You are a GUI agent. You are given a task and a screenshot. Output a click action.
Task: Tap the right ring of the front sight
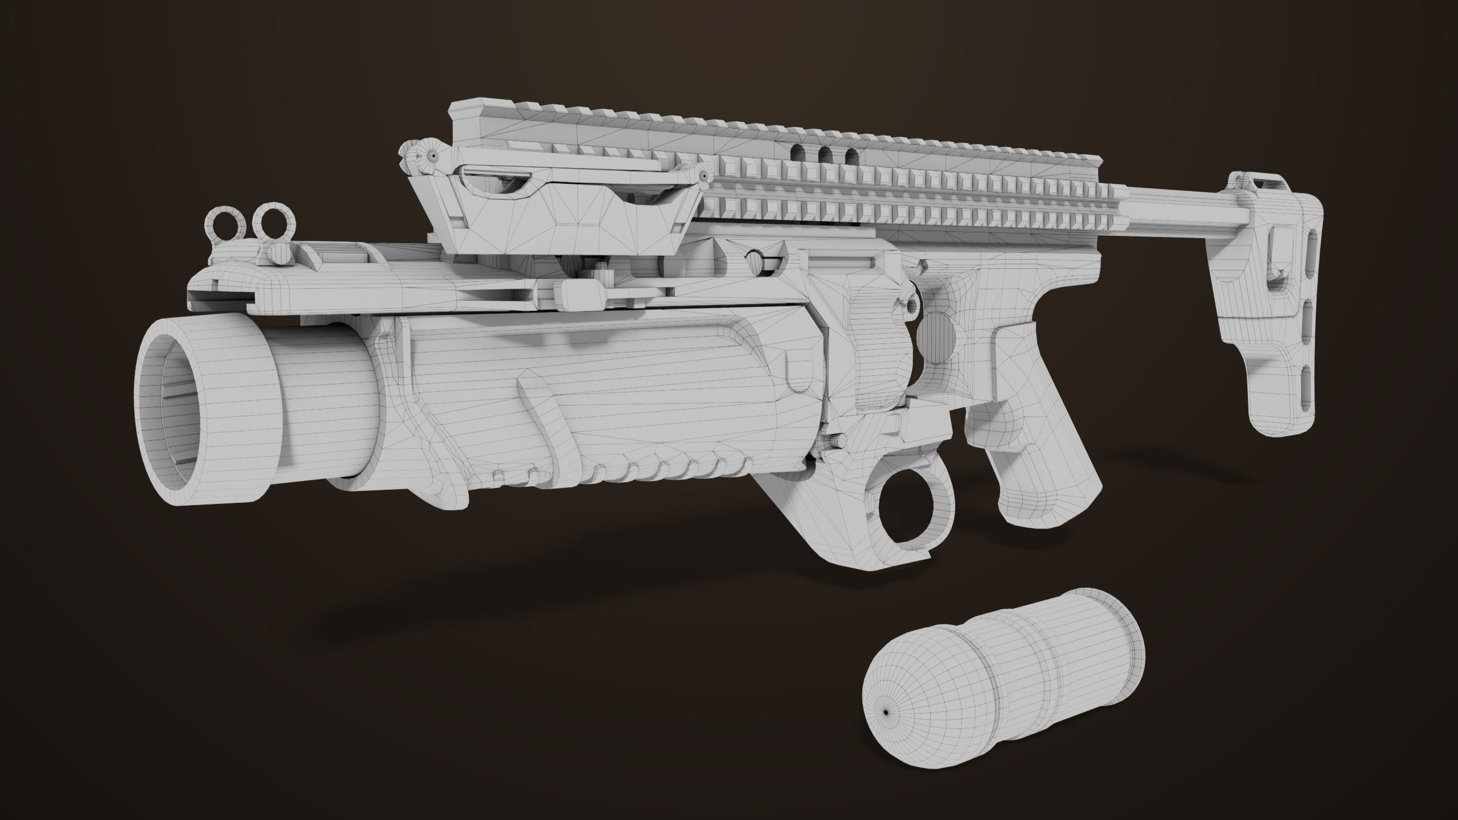tap(270, 221)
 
